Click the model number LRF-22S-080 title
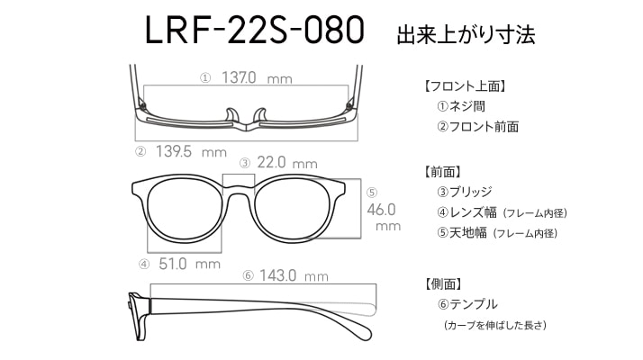coord(255,31)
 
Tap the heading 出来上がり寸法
coord(466,35)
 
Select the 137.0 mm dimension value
coord(257,77)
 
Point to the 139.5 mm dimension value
coord(191,152)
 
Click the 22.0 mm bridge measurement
coord(287,163)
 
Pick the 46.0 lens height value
coord(381,210)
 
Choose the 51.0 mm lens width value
coord(189,264)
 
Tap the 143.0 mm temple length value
coord(294,275)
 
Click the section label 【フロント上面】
coord(464,86)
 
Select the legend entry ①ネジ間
coord(461,106)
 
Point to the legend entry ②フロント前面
coord(477,127)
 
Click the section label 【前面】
coord(441,172)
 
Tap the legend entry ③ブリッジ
coord(465,192)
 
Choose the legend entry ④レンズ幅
coord(466,212)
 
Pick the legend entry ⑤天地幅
coord(462,233)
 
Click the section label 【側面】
coord(441,283)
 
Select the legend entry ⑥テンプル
coord(467,304)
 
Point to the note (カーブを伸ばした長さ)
coord(495,326)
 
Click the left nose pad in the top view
coord(231,115)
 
